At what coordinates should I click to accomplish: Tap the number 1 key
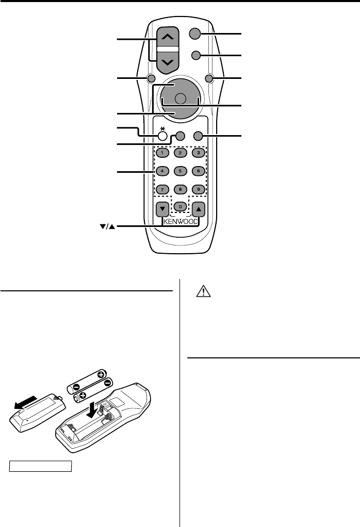click(161, 153)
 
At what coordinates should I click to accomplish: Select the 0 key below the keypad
click(180, 206)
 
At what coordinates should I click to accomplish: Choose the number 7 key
click(161, 189)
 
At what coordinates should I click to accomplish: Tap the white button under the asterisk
click(162, 136)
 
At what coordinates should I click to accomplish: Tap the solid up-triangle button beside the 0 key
click(199, 209)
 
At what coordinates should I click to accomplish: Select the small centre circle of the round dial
click(180, 99)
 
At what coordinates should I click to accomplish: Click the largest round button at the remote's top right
click(194, 34)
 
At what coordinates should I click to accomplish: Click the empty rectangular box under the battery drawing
click(40, 467)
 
